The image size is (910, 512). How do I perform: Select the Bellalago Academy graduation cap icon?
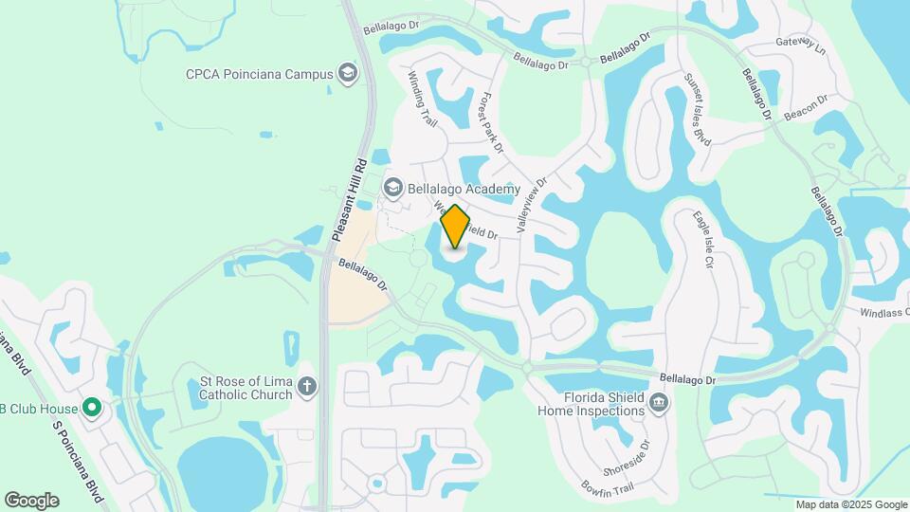392,189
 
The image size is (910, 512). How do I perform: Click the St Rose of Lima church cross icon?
305,386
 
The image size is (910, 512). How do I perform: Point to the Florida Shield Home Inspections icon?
658,404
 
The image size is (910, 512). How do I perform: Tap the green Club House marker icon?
91,409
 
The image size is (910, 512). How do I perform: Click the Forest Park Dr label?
491,123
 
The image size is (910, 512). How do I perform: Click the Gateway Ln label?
801,44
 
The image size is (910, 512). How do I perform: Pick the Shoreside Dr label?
628,457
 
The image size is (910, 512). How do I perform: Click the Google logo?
31,501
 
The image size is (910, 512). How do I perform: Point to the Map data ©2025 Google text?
850,505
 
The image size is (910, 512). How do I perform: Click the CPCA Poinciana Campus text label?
259,73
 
